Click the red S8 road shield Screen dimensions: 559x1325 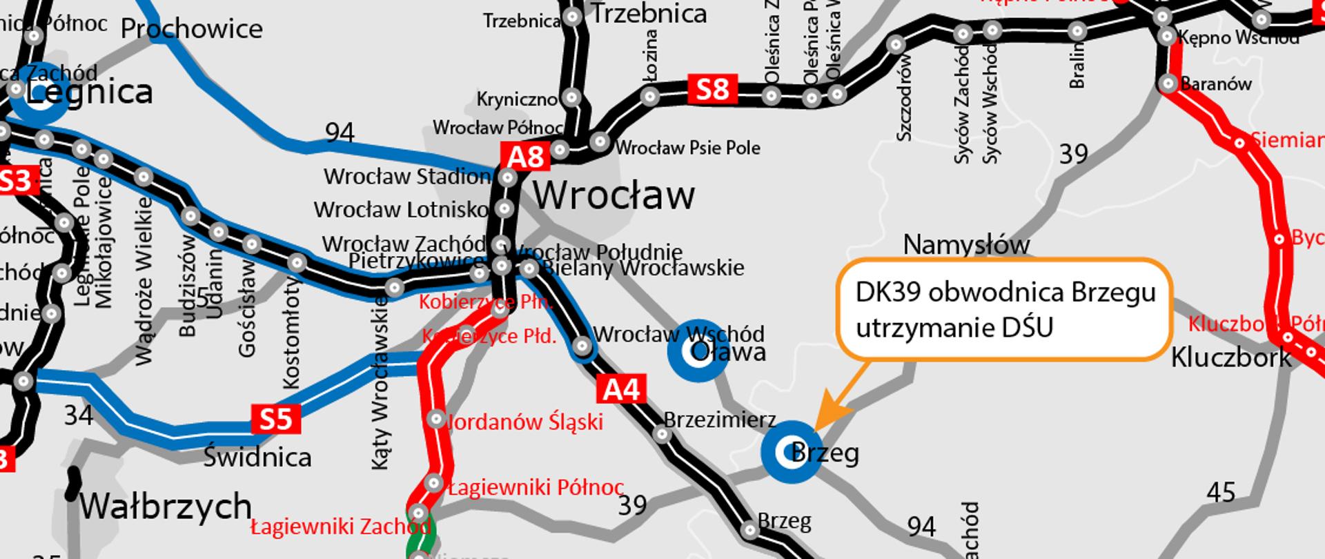(712, 90)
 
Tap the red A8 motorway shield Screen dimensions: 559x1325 (526, 157)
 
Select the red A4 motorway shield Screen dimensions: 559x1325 (622, 390)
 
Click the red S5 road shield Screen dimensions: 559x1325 (276, 419)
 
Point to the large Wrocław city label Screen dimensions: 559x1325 (614, 195)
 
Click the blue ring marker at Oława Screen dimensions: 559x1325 (697, 351)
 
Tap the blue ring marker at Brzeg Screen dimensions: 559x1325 (791, 452)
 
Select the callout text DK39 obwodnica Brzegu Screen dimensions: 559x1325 (1005, 292)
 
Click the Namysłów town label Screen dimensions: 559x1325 (966, 244)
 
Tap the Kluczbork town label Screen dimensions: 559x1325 (1231, 357)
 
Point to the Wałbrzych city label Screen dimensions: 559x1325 (166, 506)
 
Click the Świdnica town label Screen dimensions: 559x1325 (257, 457)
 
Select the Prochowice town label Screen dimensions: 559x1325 (191, 29)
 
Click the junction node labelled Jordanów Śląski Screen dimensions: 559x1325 (435, 419)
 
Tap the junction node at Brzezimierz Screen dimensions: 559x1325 (662, 434)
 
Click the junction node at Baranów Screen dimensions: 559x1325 (1168, 84)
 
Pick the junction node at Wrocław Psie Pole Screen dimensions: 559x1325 (600, 142)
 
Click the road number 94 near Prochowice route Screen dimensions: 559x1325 (339, 133)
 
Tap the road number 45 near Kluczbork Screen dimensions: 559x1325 (1221, 493)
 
